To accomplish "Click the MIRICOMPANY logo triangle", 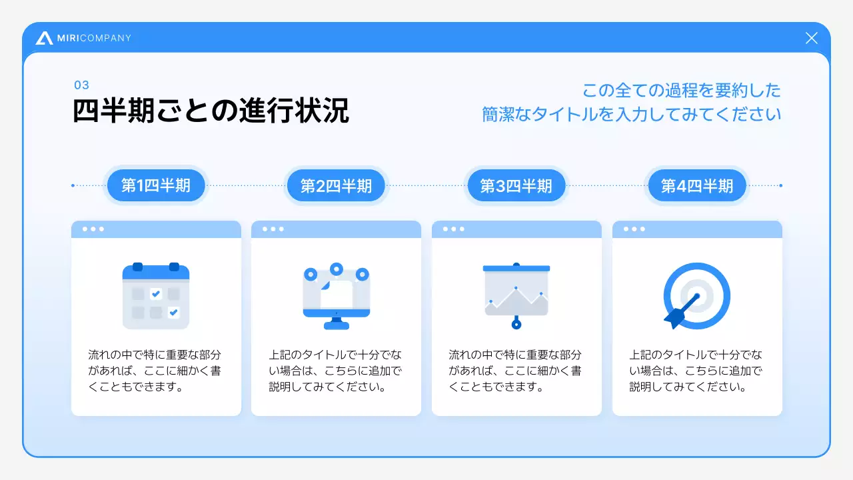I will tap(45, 38).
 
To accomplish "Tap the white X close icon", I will tap(811, 38).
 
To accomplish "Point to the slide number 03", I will tap(81, 85).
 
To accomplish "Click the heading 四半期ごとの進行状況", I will tap(211, 111).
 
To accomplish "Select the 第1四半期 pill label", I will tap(156, 185).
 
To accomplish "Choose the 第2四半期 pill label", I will tap(336, 185).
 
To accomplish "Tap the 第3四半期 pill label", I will tap(516, 185).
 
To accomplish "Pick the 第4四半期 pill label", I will tap(697, 185).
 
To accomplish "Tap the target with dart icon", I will tap(697, 295).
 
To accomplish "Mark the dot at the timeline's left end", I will tap(73, 185).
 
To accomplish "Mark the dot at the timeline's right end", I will tap(780, 185).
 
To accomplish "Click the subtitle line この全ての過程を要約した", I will tap(681, 90).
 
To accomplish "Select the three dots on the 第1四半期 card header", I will tap(93, 229).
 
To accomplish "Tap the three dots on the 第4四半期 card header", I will tap(634, 229).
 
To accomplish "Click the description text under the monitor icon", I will tap(336, 371).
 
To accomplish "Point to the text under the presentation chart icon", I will tap(515, 371).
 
